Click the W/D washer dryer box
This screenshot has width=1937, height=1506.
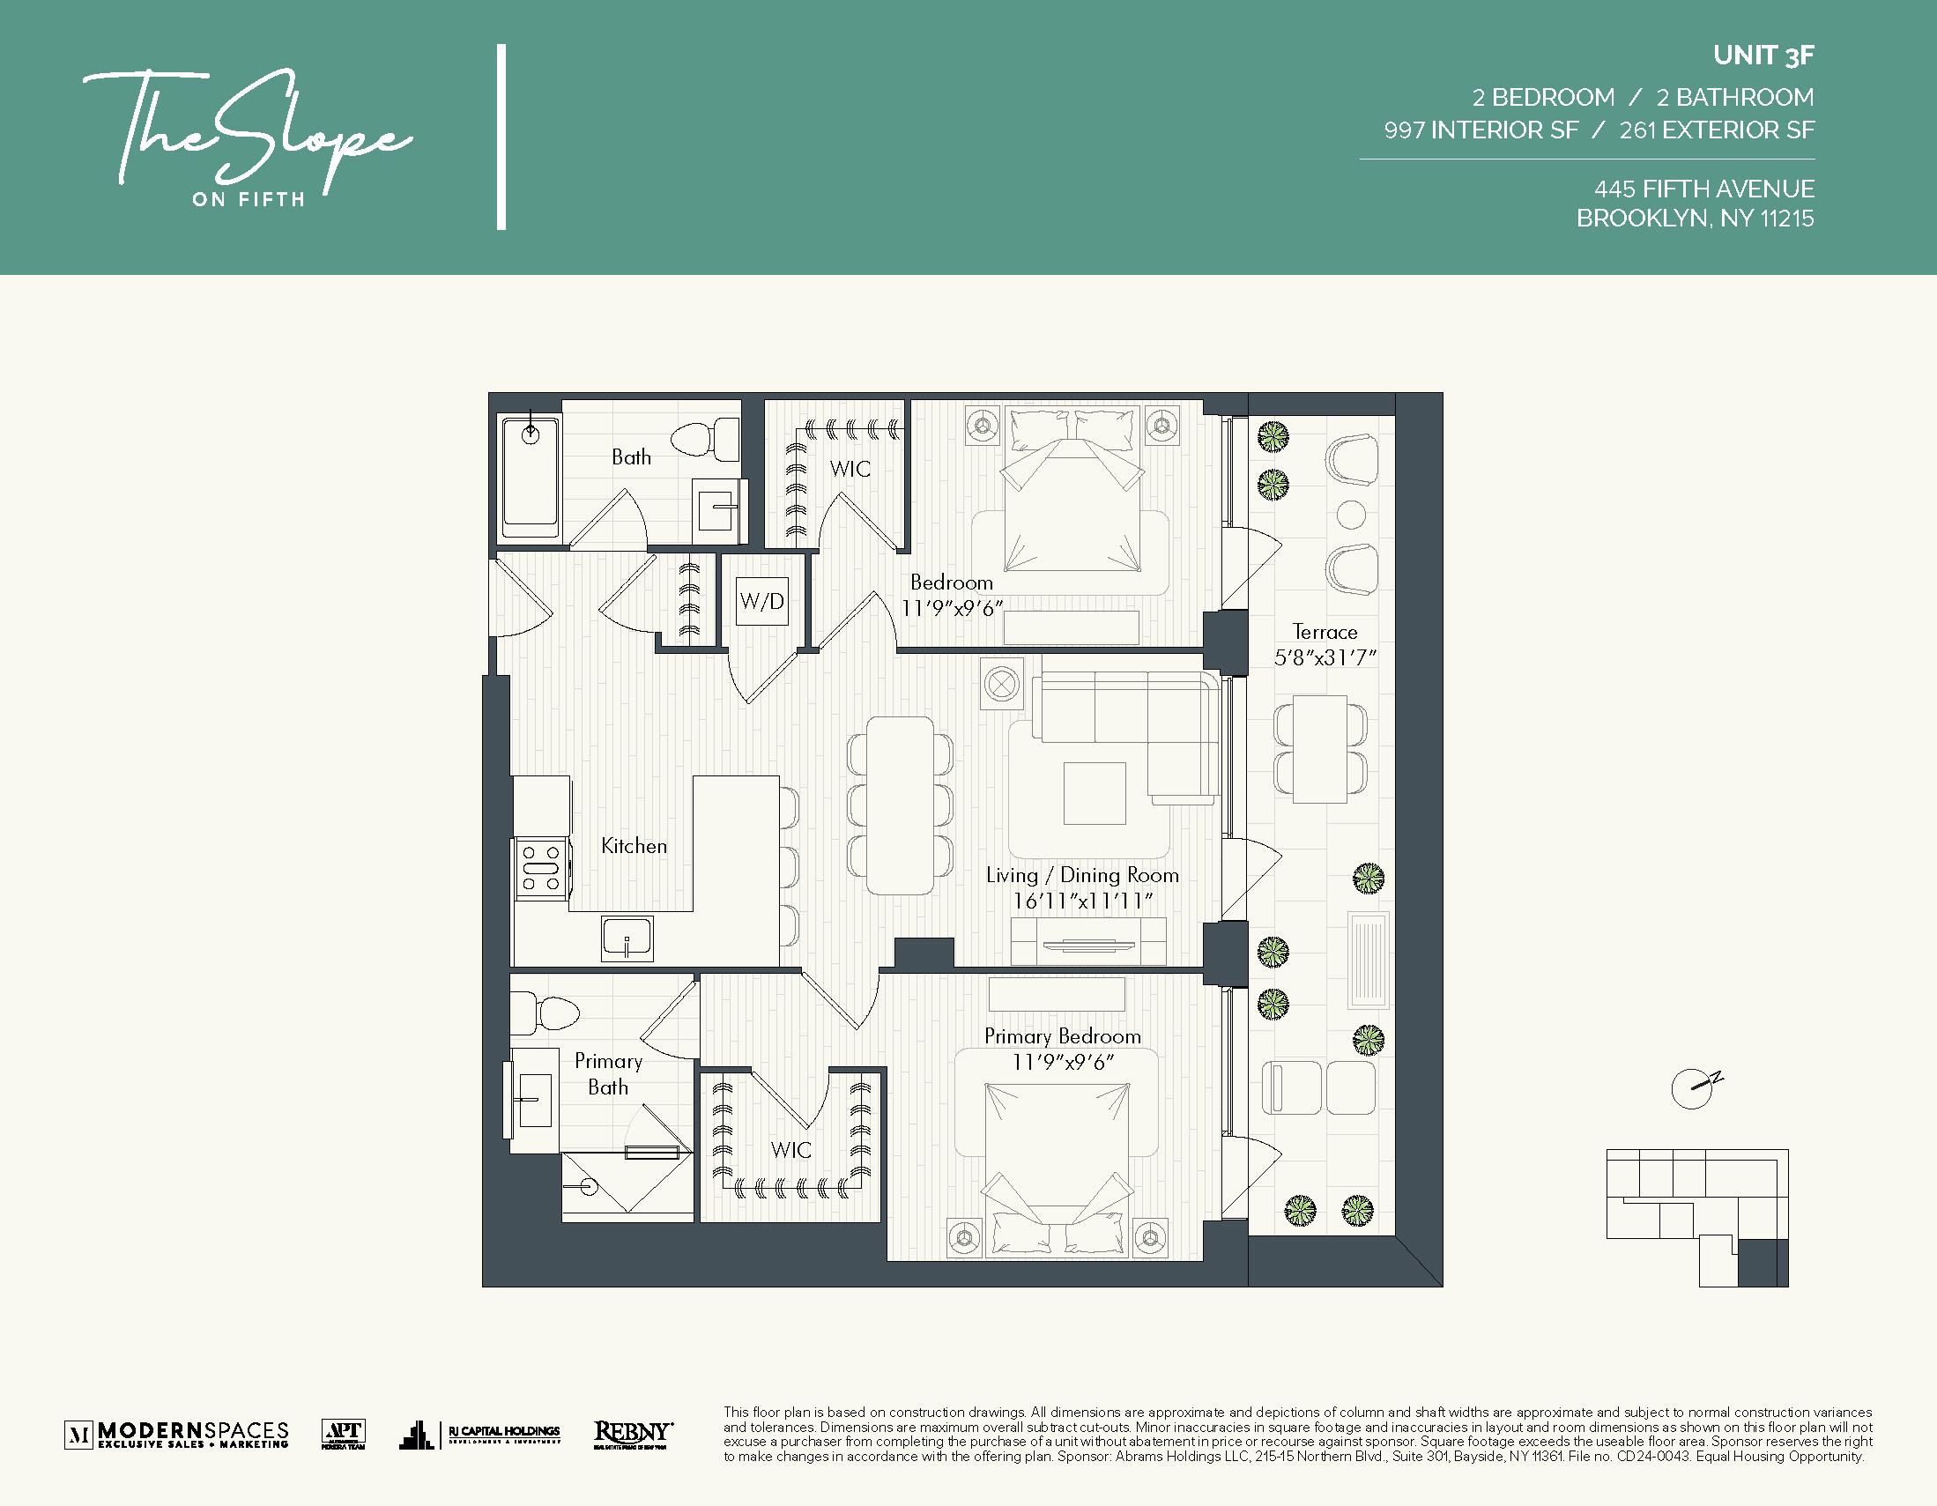click(x=762, y=602)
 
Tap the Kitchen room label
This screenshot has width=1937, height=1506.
click(x=634, y=846)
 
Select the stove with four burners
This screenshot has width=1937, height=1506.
click(x=541, y=869)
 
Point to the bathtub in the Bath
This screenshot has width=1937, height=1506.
click(x=530, y=477)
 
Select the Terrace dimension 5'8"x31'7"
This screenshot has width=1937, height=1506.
click(x=1325, y=658)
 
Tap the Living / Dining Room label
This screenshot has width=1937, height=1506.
click(x=1082, y=875)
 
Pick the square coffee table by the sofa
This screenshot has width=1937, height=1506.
click(x=1095, y=793)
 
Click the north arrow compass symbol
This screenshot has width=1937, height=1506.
click(x=1693, y=1088)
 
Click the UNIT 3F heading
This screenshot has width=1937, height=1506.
click(x=1763, y=56)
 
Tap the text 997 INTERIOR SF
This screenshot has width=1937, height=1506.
click(x=1481, y=130)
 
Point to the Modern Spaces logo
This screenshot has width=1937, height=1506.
click(x=176, y=1434)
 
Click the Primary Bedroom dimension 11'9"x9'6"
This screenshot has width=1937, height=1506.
click(x=1062, y=1063)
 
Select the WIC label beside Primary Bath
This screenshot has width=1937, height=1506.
click(x=790, y=1150)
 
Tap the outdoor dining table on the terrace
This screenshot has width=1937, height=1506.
click(x=1320, y=749)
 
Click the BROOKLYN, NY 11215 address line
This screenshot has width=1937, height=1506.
click(x=1694, y=219)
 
